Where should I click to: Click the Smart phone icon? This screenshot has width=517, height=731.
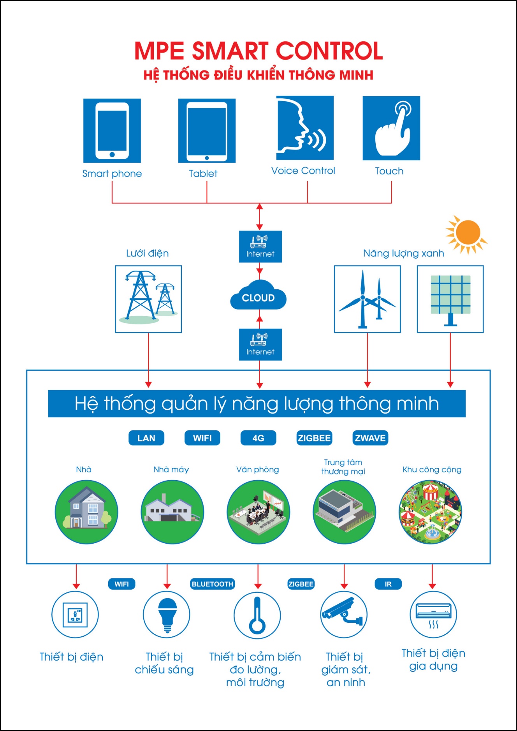point(112,130)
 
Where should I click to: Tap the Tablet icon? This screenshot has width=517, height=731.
point(207,131)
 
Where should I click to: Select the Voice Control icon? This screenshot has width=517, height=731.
point(305,128)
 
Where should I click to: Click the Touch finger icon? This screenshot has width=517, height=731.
point(391,128)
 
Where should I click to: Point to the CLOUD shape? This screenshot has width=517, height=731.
point(258,297)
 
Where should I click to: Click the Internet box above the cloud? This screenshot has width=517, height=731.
point(260,247)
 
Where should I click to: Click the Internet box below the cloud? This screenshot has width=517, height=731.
point(260,344)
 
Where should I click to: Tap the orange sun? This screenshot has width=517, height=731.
point(467,233)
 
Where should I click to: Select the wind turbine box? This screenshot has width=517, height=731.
point(367,299)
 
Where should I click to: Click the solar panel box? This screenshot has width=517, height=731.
point(450,299)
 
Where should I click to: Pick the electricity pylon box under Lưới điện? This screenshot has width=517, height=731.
point(148,299)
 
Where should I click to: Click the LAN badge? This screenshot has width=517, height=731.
point(146,438)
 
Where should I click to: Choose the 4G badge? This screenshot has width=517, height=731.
point(258,438)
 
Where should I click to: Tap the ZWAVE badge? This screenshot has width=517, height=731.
point(370,438)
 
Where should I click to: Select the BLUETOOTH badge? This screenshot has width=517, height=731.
point(213,584)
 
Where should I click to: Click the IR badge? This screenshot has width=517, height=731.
point(388,584)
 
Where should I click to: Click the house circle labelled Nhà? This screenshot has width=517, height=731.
point(86,512)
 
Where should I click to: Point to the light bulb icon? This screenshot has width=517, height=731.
point(167,615)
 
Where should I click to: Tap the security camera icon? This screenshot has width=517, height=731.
point(344,614)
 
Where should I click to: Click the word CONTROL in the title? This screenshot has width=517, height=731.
point(329,51)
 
